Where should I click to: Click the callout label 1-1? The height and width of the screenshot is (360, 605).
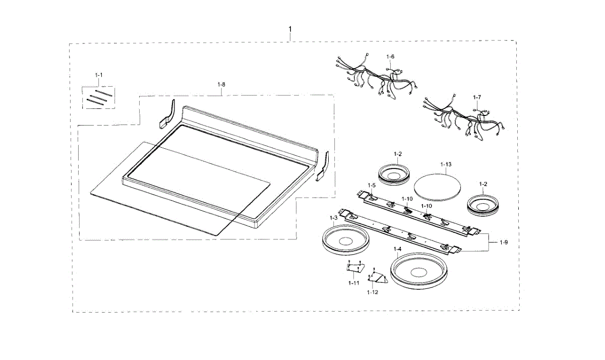[99, 75]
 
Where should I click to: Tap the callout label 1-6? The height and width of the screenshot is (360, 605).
[390, 56]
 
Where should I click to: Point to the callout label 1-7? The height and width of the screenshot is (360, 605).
[477, 96]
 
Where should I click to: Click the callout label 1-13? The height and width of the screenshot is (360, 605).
[446, 164]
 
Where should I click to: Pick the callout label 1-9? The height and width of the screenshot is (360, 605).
[504, 243]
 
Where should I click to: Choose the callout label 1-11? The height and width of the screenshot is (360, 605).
[353, 283]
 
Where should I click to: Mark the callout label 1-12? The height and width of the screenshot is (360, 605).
[373, 292]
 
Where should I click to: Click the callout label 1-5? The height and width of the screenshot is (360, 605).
[372, 186]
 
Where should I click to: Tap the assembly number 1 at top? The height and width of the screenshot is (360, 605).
[290, 30]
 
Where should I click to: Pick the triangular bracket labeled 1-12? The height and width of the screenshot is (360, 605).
[376, 276]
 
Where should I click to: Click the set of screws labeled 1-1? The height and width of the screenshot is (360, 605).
[99, 98]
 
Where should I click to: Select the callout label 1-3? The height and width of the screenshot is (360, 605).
[333, 217]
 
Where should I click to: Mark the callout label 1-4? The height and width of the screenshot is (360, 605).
[397, 249]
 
